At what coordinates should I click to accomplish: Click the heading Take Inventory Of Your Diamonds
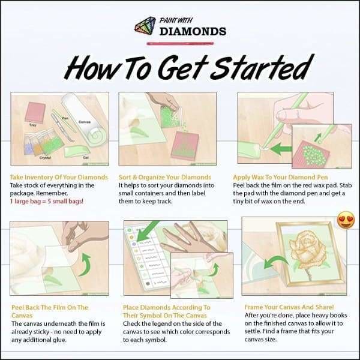[59, 177]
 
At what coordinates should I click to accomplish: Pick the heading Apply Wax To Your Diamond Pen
[286, 177]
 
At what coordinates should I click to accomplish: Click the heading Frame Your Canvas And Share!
[285, 307]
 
